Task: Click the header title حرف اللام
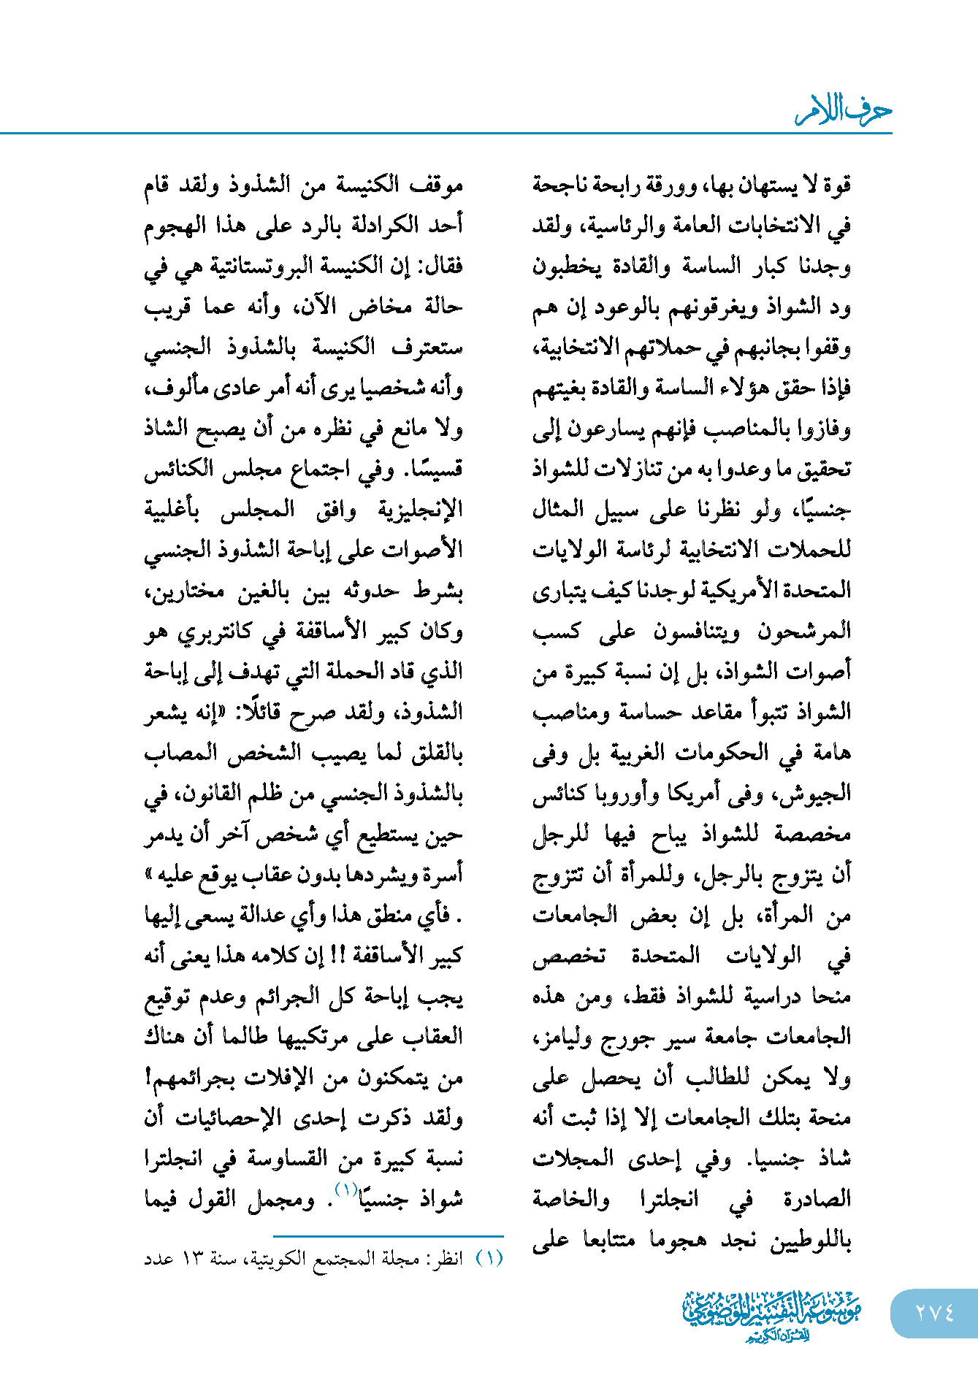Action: (x=844, y=110)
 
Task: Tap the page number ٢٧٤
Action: (x=934, y=1313)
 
